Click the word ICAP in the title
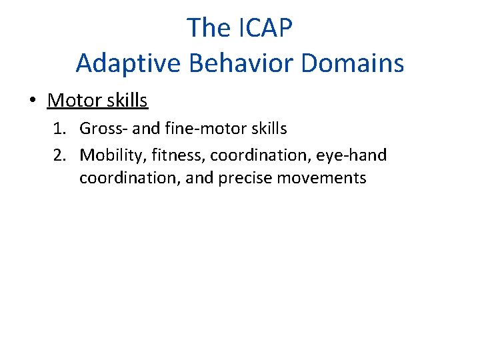(x=263, y=28)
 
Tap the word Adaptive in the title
(x=117, y=63)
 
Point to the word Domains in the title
(x=353, y=63)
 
